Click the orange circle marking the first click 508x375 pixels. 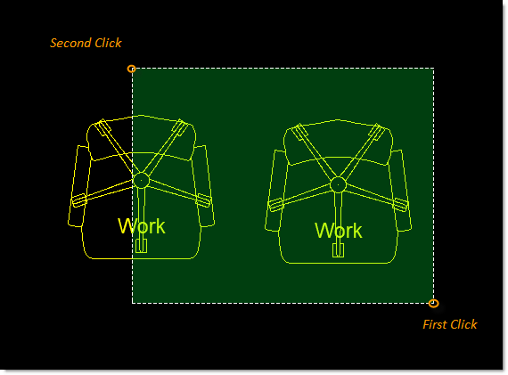click(433, 304)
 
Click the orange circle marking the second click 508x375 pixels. click(131, 69)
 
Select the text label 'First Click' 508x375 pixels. click(450, 324)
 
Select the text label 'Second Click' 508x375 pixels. click(86, 43)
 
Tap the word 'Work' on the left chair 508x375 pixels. click(142, 225)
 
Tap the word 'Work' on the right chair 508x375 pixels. click(339, 231)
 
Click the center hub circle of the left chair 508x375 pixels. click(141, 181)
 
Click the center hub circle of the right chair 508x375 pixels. click(339, 185)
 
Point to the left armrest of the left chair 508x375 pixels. click(78, 186)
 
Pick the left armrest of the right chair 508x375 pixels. click(274, 191)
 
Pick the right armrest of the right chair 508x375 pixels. click(402, 191)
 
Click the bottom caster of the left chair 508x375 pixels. click(141, 246)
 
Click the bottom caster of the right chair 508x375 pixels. click(339, 250)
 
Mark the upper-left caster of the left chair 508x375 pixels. click(103, 127)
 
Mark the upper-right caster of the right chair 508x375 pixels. click(377, 132)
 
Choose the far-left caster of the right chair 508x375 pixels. click(275, 205)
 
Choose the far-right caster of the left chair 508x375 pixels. click(203, 200)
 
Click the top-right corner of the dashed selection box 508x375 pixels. click(434, 69)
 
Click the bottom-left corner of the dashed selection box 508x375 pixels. click(132, 304)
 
